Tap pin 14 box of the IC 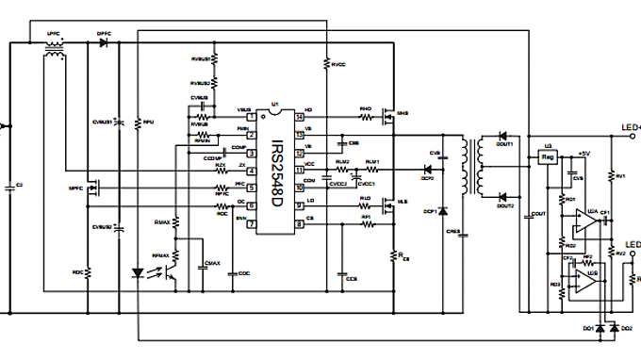[299, 118]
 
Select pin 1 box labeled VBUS [252, 118]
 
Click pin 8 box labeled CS [299, 224]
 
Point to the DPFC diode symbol [104, 42]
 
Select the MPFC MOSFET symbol [94, 188]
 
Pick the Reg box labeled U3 [547, 159]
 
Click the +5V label [583, 153]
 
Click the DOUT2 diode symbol [502, 195]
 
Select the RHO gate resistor [366, 118]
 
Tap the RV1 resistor [611, 176]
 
